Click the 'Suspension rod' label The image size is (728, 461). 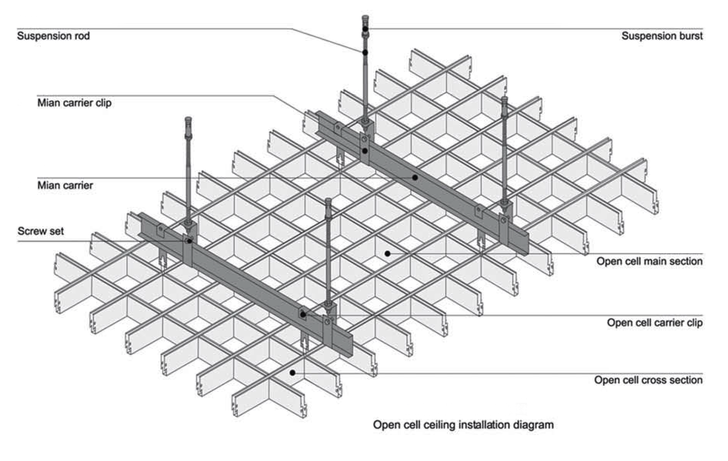53,36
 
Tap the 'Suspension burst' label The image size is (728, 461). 662,36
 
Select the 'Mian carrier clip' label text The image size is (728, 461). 74,103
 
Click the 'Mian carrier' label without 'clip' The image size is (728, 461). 65,185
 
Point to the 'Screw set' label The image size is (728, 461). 40,231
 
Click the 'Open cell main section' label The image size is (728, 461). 649,261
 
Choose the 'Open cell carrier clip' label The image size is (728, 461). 654,323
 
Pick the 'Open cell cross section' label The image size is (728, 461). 648,380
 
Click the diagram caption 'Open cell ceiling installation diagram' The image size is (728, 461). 463,425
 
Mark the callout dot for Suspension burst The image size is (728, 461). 365,29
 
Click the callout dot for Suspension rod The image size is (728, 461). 365,52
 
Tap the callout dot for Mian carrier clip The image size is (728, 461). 365,151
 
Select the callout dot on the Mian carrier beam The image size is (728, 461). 415,177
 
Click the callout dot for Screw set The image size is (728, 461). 189,241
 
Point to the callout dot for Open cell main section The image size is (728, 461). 387,253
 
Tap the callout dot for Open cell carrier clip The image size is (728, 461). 303,315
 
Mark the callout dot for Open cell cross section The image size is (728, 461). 292,373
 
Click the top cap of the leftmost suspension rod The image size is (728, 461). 188,119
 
